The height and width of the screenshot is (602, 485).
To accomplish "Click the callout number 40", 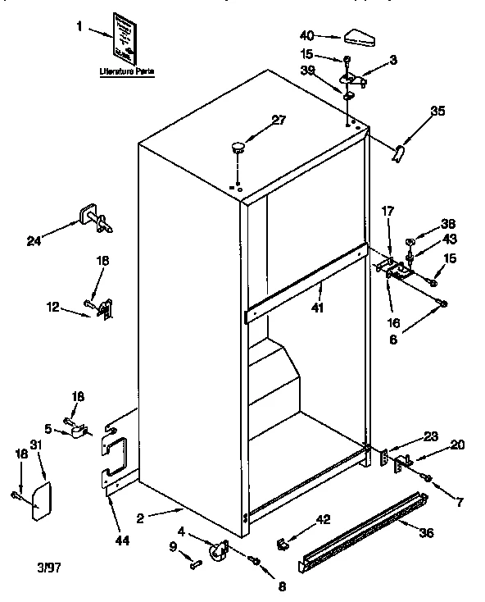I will (307, 35).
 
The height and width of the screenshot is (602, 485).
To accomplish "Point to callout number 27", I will (279, 120).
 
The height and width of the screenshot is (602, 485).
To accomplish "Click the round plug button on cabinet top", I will (238, 148).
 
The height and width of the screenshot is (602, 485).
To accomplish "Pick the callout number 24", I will (33, 240).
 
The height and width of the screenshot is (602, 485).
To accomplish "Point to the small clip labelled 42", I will (284, 542).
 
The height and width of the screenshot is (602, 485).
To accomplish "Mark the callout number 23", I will (431, 437).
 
